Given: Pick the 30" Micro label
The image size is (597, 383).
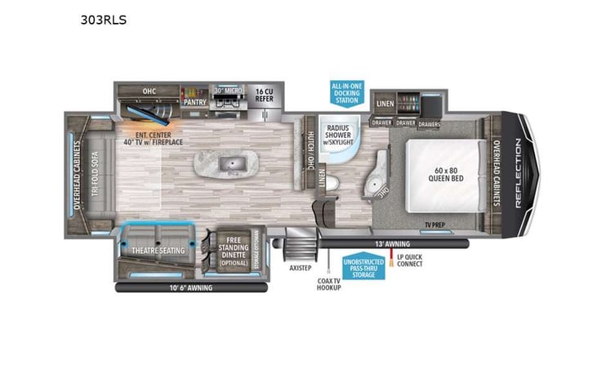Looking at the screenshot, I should [x=229, y=91].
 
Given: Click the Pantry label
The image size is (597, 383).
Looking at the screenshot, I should [x=194, y=103].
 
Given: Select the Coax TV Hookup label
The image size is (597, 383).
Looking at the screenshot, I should [x=328, y=284].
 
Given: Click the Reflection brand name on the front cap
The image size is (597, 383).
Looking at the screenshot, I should [x=518, y=173].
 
